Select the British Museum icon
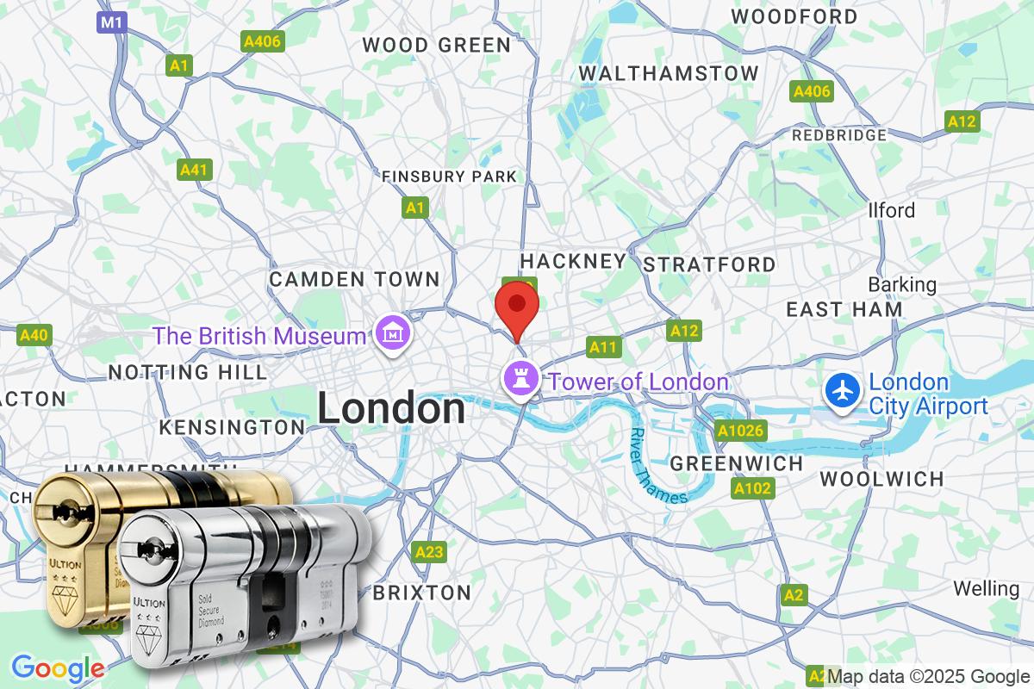pyautogui.click(x=391, y=330)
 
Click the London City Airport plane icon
pyautogui.click(x=842, y=392)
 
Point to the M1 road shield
pyautogui.click(x=111, y=23)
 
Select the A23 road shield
pyautogui.click(x=429, y=551)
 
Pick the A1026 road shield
pyautogui.click(x=740, y=431)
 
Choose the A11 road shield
pyautogui.click(x=603, y=347)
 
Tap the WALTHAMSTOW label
pyautogui.click(x=669, y=73)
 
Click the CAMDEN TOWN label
pyautogui.click(x=354, y=279)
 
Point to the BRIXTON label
pyautogui.click(x=422, y=593)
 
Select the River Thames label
pyautogui.click(x=657, y=466)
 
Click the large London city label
pyautogui.click(x=391, y=408)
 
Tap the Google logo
pyautogui.click(x=59, y=668)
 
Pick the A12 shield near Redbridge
pyautogui.click(x=962, y=121)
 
